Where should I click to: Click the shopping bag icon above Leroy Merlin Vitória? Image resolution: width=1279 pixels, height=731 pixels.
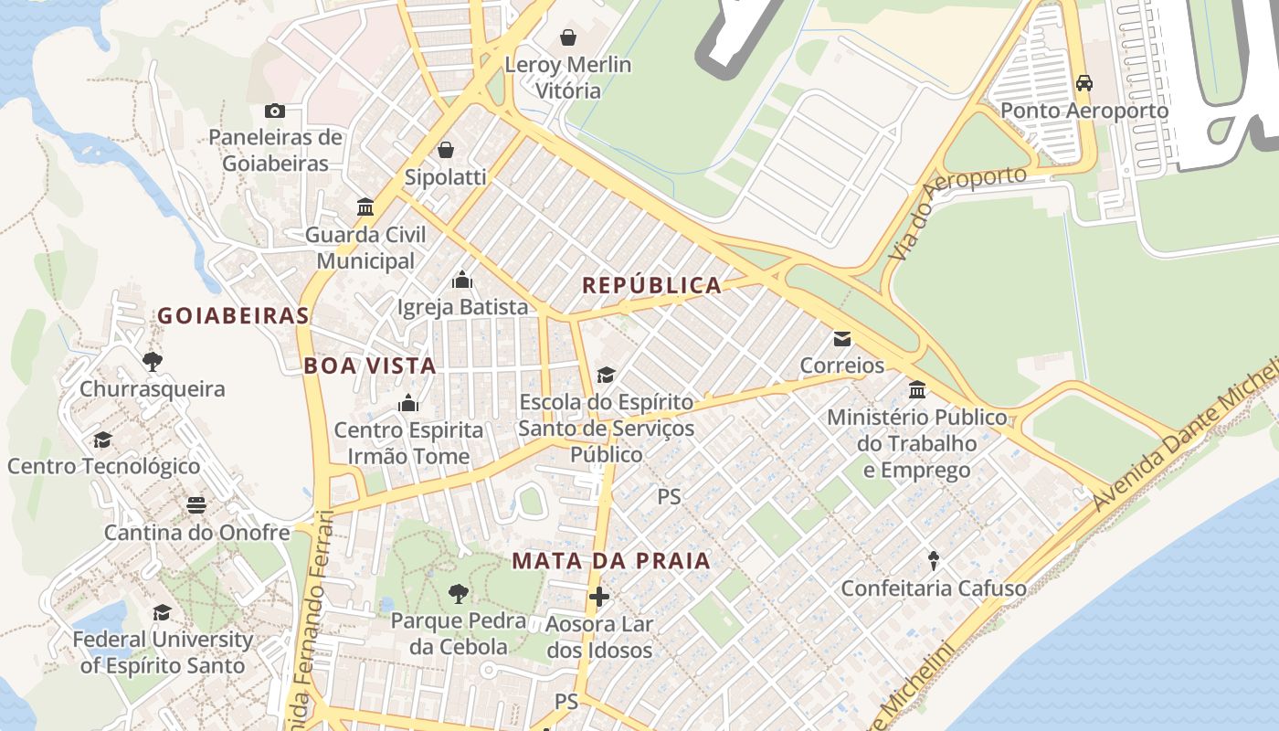click(568, 37)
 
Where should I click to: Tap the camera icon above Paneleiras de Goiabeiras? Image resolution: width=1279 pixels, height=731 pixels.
click(274, 111)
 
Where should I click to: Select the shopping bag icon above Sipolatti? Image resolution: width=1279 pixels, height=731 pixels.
click(446, 149)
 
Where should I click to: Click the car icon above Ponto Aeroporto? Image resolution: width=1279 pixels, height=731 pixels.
click(1084, 83)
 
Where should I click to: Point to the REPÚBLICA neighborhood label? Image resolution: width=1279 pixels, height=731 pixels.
click(652, 286)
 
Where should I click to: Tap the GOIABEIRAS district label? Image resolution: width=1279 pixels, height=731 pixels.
click(233, 316)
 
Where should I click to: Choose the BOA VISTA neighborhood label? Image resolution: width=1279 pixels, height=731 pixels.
click(370, 366)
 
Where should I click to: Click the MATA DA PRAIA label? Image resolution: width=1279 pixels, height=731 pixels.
click(611, 561)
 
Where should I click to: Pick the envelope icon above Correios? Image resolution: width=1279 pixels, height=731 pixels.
click(842, 339)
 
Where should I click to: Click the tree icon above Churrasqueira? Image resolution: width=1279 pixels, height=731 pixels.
click(153, 361)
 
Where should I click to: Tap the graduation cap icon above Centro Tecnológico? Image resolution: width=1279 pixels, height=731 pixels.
click(103, 440)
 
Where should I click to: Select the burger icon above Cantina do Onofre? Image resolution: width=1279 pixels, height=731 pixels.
click(196, 505)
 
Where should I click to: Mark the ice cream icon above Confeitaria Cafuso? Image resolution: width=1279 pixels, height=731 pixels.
click(934, 560)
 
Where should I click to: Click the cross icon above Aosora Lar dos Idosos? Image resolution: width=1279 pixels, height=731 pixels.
click(599, 597)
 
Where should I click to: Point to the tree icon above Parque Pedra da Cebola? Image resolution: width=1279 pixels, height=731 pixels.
click(458, 594)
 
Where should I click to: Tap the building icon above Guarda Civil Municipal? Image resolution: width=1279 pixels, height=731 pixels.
click(365, 207)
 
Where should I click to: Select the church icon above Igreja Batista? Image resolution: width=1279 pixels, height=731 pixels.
click(462, 279)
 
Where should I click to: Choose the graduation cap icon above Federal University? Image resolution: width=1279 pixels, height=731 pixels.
click(163, 612)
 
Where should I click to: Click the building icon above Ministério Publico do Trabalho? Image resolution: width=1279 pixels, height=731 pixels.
click(917, 390)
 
